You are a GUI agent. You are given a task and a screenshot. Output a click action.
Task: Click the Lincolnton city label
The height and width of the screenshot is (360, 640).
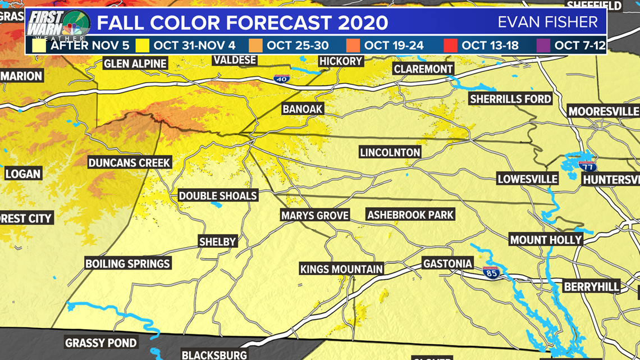[x=390, y=152]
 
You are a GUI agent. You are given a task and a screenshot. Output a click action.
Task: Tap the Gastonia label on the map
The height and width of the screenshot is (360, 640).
[x=447, y=263]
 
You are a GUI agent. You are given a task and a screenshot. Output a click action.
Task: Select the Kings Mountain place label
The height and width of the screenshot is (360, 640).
[x=341, y=269]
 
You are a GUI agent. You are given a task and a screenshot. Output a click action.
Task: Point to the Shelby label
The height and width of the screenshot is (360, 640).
[x=218, y=241]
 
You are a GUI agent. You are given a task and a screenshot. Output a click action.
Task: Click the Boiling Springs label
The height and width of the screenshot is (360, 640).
[x=127, y=263]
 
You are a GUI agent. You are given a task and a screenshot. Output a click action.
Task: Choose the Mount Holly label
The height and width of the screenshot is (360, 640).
[x=546, y=240]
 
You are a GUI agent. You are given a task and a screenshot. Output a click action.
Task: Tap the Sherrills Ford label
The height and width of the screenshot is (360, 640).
[x=510, y=99]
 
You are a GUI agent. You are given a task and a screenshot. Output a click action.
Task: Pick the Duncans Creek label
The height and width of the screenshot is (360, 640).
[x=129, y=163]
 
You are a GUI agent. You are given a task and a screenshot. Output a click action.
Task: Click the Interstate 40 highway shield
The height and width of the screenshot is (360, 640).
[x=282, y=79]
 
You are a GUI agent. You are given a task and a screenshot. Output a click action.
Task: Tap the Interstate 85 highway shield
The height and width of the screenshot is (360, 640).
[x=491, y=272]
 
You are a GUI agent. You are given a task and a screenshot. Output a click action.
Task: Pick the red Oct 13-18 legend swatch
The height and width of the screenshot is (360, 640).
[x=450, y=45]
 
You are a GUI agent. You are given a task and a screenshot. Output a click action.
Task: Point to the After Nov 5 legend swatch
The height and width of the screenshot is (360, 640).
[x=39, y=45]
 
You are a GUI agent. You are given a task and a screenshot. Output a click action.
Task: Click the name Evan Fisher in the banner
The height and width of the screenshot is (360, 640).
[x=547, y=22]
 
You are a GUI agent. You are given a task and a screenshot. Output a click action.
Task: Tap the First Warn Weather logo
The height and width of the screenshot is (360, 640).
[x=58, y=25]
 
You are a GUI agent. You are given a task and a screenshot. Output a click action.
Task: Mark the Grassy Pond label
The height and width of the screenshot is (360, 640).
[x=101, y=343]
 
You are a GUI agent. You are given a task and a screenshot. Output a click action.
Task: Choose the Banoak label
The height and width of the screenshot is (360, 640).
[x=303, y=109]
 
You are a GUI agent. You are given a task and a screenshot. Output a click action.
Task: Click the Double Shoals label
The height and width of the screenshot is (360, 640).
[x=218, y=196]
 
